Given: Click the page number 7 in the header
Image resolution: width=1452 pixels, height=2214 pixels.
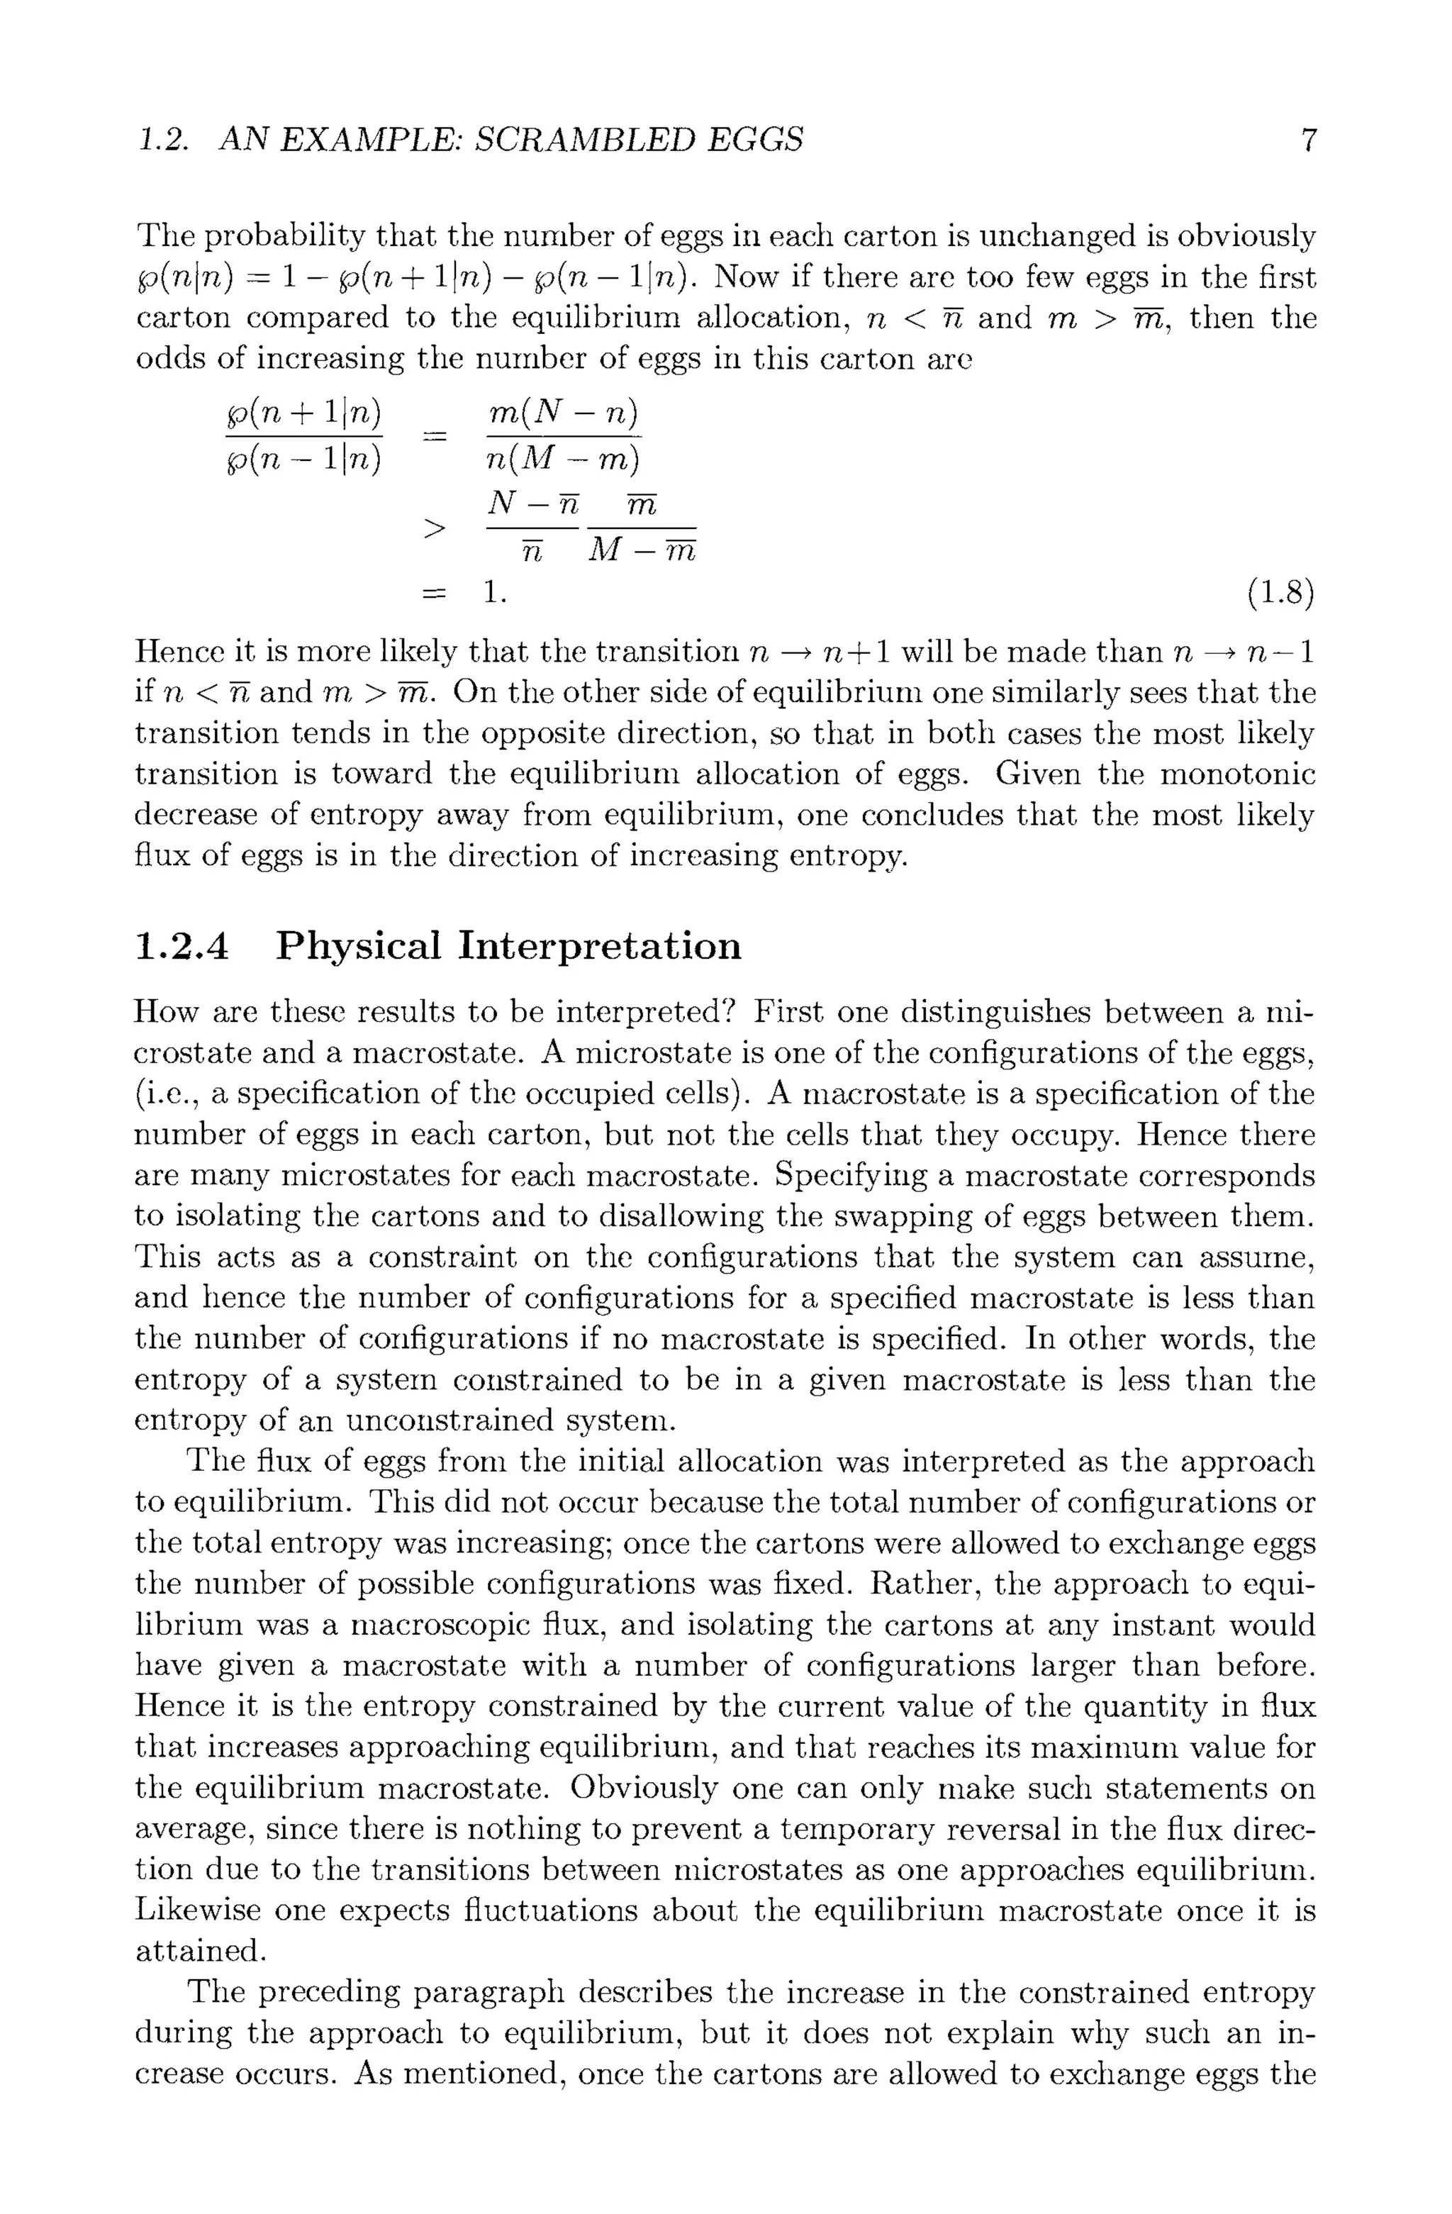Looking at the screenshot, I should pos(1308,140).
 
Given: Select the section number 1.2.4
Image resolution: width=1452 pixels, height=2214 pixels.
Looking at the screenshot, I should pos(181,946).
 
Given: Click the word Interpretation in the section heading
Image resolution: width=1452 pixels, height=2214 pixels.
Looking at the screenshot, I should pos(600,946).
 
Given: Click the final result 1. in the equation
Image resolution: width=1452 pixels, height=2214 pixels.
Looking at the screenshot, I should pos(495,593).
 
